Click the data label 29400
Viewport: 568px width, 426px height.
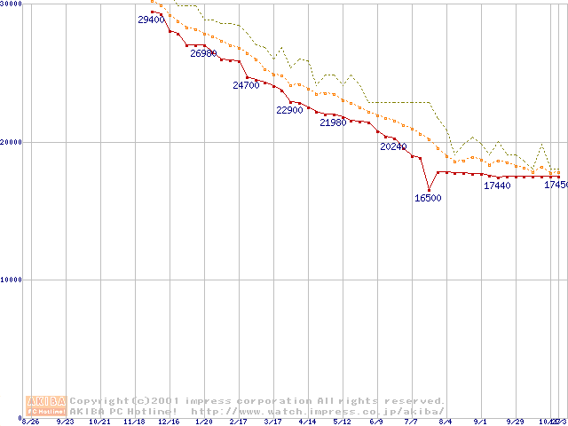tap(152, 20)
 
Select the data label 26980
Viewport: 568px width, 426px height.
tap(203, 53)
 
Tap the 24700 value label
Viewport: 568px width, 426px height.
tap(246, 86)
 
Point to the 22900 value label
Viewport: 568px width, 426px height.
tap(289, 111)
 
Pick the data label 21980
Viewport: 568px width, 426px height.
tap(333, 122)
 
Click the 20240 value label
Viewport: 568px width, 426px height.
tap(393, 146)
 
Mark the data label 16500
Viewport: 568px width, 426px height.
tap(428, 198)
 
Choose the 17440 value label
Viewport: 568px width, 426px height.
tap(497, 185)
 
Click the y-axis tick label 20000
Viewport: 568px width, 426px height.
tap(12, 142)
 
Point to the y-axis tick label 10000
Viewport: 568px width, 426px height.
tap(12, 280)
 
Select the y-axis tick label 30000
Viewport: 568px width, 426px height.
tap(12, 4)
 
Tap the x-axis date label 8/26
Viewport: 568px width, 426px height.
tap(31, 422)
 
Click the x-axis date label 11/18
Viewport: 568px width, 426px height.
tap(135, 422)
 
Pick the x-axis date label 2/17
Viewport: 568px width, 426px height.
tap(239, 422)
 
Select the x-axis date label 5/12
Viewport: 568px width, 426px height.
tap(343, 422)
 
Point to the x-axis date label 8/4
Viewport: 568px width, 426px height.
tap(446, 422)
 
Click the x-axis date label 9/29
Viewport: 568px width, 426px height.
tap(515, 422)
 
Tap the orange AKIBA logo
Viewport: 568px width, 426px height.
tap(46, 405)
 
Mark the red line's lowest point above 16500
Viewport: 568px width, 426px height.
tap(429, 190)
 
